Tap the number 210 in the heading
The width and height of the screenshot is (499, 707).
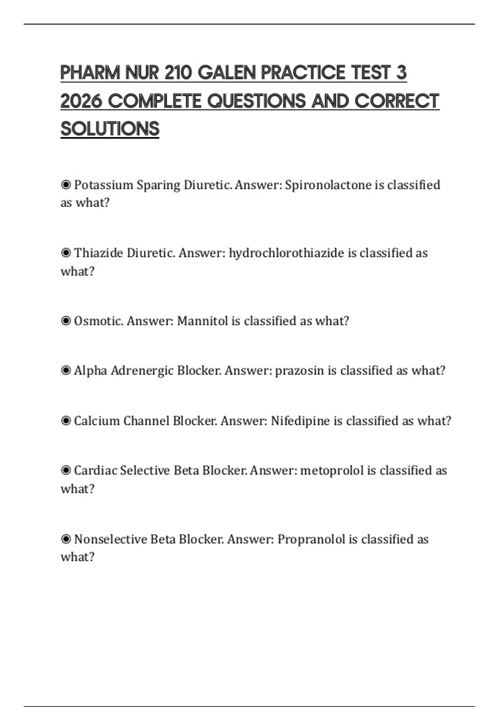point(178,73)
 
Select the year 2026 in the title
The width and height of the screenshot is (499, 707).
point(81,101)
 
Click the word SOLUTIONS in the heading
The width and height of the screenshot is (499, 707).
point(110,129)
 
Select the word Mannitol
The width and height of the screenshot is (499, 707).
point(203,321)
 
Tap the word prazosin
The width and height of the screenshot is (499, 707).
point(299,371)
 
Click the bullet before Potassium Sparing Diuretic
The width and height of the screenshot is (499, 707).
point(66,185)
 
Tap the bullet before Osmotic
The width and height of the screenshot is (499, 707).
point(66,321)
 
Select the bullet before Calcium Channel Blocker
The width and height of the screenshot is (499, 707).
point(66,421)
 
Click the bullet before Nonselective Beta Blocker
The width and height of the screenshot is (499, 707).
point(66,539)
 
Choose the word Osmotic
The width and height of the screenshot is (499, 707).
point(99,321)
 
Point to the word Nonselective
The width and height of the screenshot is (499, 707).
point(110,539)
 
